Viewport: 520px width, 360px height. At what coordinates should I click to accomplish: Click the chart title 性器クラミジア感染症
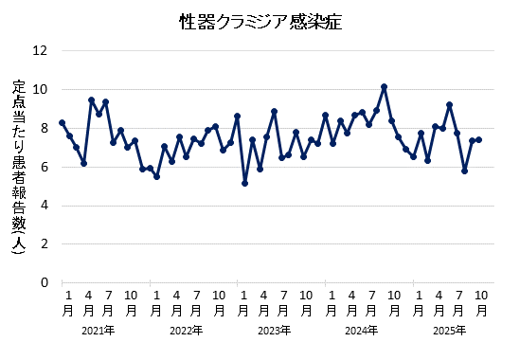[260, 21]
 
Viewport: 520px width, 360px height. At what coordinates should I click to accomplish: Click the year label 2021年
[99, 331]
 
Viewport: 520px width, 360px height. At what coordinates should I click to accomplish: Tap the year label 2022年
[186, 331]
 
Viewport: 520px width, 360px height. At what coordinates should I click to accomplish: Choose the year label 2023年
[274, 331]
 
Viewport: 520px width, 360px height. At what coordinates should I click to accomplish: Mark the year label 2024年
[361, 331]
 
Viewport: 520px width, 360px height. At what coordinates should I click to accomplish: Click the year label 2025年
[449, 331]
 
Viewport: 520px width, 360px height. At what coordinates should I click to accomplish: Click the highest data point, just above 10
[384, 87]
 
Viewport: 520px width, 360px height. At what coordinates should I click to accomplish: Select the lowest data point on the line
[244, 183]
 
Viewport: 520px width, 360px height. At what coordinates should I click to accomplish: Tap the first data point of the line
[62, 122]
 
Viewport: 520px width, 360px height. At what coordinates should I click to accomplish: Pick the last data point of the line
[478, 139]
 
